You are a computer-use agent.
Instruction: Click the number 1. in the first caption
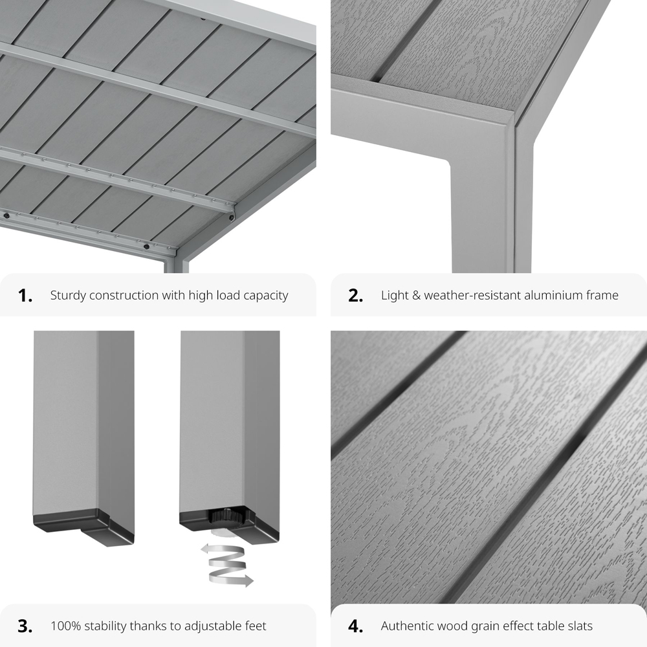pos(25,296)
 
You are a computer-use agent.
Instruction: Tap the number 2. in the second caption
pos(356,296)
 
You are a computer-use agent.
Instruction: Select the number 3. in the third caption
pos(25,626)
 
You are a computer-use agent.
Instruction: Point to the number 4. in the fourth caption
pos(356,626)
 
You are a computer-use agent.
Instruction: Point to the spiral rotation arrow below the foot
pos(227,564)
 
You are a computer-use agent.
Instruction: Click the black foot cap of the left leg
pos(83,527)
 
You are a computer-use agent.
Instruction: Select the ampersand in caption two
pos(416,296)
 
